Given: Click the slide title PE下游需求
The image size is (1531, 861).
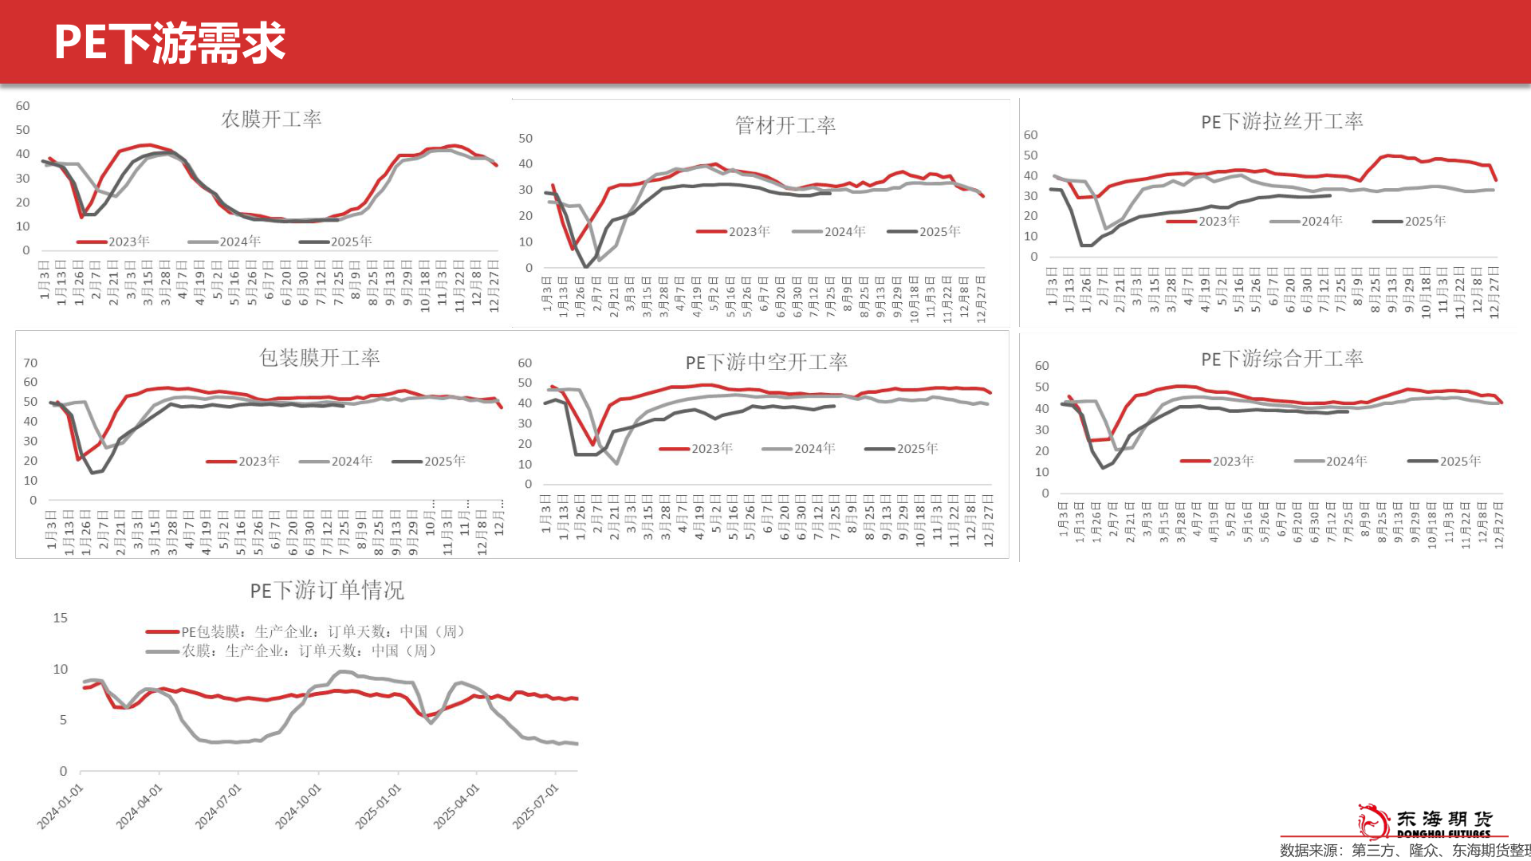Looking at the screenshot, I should (x=170, y=43).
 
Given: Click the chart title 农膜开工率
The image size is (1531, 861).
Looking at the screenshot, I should (x=271, y=120).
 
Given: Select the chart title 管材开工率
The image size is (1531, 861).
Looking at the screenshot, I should (x=785, y=126).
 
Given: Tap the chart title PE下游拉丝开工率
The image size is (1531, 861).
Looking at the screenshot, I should (x=1281, y=122).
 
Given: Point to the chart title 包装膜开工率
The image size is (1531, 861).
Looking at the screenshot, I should (x=319, y=358).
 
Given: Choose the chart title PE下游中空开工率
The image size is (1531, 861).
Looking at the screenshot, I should (x=766, y=363).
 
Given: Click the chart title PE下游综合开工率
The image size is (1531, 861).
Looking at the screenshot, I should (x=1281, y=360).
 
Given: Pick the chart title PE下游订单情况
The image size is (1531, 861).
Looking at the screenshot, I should (x=327, y=591).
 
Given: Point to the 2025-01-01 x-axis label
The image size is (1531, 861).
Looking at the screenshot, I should (x=379, y=806).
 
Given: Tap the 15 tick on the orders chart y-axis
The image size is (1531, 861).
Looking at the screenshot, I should (x=61, y=618).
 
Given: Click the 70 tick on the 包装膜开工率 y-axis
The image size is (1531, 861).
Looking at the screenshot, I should (x=30, y=364).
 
